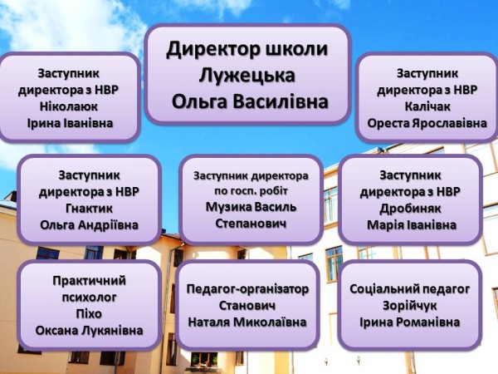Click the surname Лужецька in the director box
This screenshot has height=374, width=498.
pos(247,76)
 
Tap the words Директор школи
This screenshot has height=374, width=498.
pos(247,49)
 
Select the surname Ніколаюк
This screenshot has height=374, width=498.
pos(69,106)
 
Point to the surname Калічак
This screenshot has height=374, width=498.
pos(427,106)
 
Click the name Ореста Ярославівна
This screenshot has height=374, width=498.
pos(427,123)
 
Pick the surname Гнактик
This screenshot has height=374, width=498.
pos(89,209)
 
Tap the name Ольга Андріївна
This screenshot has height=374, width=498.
pos(90,225)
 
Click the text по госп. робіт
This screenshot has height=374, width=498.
pos(251,191)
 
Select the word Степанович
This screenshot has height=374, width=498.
pos(251,224)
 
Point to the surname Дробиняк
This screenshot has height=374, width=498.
pos(410,209)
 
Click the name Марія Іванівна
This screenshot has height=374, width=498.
pos(412,225)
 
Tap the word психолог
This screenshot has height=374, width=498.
pos(90,298)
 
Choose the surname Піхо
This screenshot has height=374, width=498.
pos(89,314)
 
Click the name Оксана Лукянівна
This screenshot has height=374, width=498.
pos(90,331)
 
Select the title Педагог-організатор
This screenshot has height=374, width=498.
pos(247,289)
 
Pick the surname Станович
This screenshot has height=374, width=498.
pos(247,306)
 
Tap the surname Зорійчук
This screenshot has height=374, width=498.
pos(410,306)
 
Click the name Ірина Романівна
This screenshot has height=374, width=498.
pos(410,322)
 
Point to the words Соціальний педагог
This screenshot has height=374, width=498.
pos(410,289)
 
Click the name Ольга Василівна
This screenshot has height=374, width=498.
pos(250,102)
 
